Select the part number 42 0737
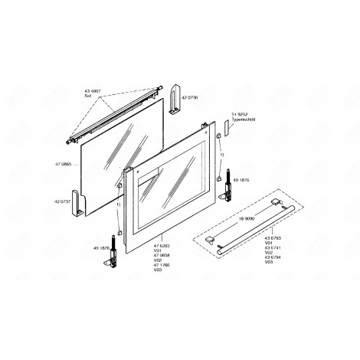64,200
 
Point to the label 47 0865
64,165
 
